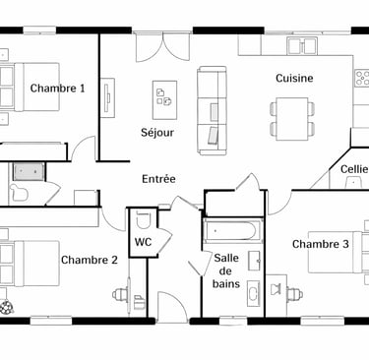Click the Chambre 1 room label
pos(57,89)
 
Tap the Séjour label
pos(157,133)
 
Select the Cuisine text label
pos(294,78)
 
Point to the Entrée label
pos(158,179)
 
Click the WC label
pos(143,242)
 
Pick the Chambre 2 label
pos(90,260)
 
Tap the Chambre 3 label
pos(321,244)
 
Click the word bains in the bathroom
pos(226,283)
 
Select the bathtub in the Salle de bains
pos(232,230)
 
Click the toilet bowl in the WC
pos(143,219)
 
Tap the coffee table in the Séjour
pos(164,100)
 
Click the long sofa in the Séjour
pos(212,110)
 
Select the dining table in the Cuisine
pos(292,119)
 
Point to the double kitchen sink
pos(302,45)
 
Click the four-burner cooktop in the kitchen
pos(362,78)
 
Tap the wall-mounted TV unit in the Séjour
pos(107,97)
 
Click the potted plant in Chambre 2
pos(6,307)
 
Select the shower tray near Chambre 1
pos(29,172)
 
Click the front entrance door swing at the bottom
pos(172,305)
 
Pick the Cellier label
pos(354,169)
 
